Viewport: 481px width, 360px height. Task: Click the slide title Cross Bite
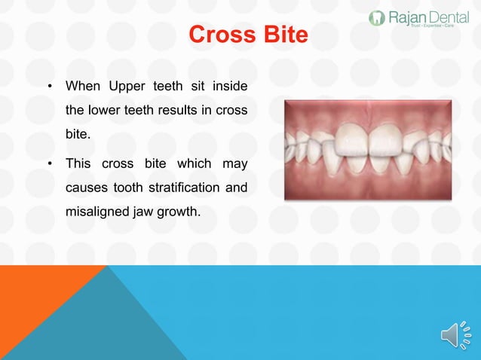click(x=248, y=35)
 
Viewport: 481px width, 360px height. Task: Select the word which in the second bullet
click(x=191, y=163)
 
